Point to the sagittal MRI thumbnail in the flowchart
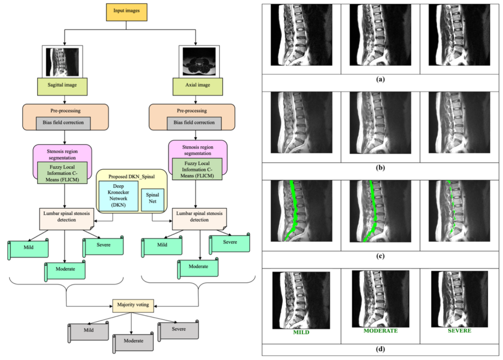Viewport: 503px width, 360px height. pyautogui.click(x=62, y=61)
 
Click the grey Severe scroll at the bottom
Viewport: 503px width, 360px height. pyautogui.click(x=178, y=330)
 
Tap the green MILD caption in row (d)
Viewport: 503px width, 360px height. pyautogui.click(x=301, y=333)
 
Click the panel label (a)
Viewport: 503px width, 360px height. pyautogui.click(x=381, y=79)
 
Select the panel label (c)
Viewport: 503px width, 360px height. pyautogui.click(x=381, y=257)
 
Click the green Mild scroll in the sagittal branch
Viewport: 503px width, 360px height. pyautogui.click(x=28, y=248)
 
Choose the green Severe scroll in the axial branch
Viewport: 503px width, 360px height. pyautogui.click(x=230, y=243)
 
